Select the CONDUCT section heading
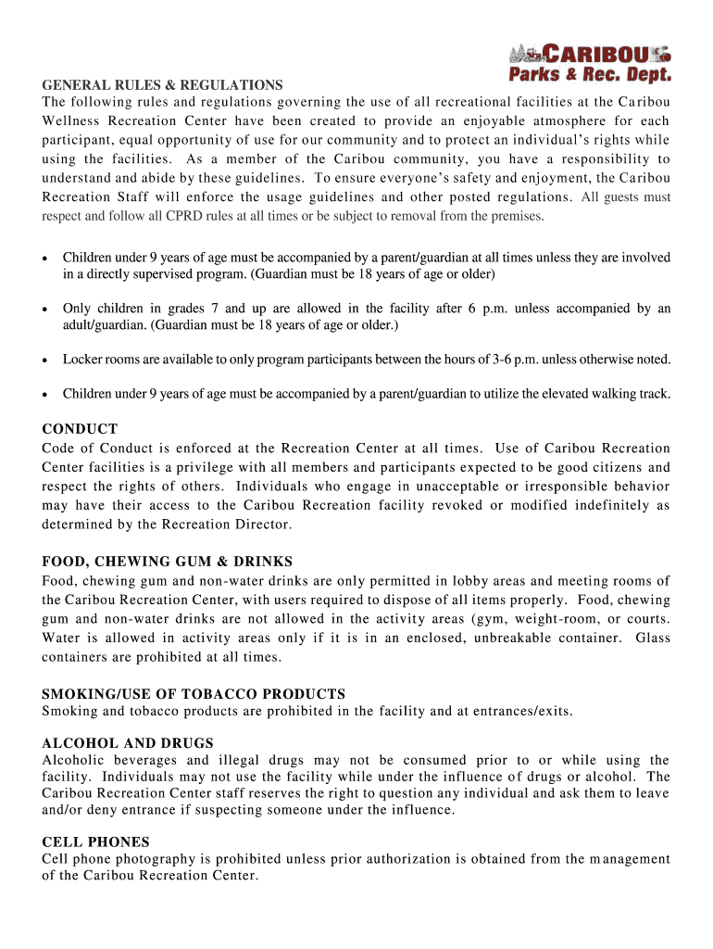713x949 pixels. [80, 429]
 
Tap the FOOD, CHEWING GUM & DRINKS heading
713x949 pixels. [167, 562]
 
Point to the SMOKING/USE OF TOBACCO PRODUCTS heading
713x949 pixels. [194, 694]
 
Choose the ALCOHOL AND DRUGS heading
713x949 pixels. [128, 743]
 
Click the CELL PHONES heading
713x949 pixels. [95, 842]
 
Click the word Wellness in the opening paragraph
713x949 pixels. [71, 121]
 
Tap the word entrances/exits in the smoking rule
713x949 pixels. [514, 712]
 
